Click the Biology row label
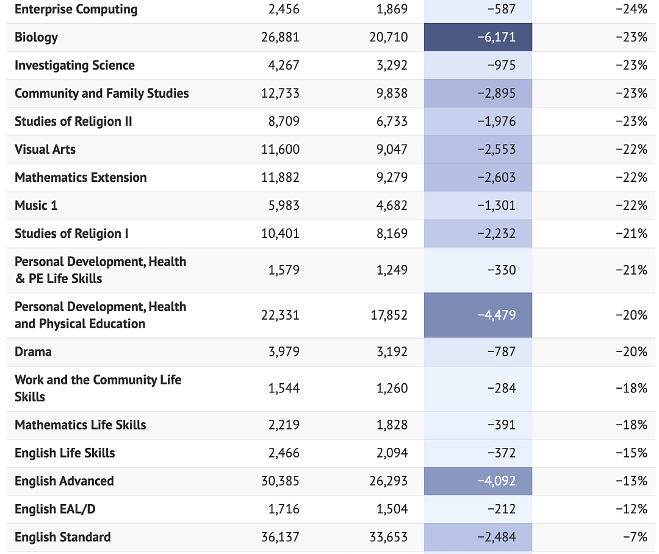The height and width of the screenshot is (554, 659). click(36, 37)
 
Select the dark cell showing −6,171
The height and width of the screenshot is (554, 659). click(478, 37)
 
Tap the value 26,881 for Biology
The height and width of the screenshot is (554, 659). click(280, 37)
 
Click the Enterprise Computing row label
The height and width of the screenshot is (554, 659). click(76, 9)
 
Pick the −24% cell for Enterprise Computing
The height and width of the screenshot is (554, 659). click(632, 9)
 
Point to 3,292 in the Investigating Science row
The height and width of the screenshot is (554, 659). click(392, 65)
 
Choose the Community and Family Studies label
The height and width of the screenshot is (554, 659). click(102, 93)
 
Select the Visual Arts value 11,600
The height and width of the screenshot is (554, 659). click(280, 149)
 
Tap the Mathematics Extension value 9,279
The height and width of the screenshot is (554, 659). click(392, 178)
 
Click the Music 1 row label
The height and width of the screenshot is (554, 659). click(36, 206)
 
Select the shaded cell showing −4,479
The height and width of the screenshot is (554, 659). click(478, 315)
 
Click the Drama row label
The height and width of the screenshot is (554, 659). click(33, 352)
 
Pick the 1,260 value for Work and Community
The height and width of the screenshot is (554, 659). click(392, 388)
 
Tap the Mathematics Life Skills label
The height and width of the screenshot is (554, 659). click(81, 425)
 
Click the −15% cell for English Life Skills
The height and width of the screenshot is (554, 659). click(632, 453)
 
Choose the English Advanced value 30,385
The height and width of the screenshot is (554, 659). click(280, 481)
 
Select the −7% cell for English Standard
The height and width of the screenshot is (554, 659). click(635, 537)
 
